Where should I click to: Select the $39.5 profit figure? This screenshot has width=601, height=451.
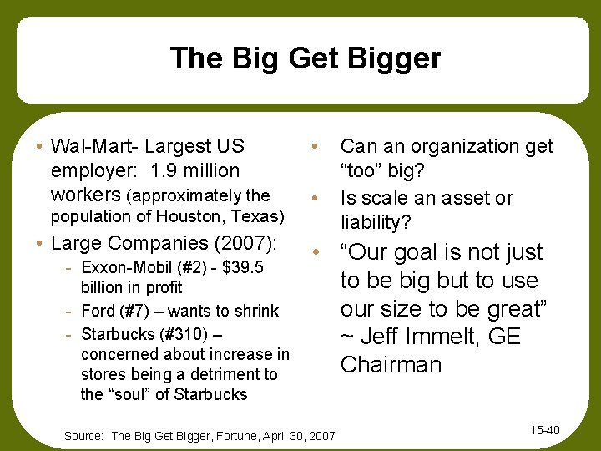tap(242, 267)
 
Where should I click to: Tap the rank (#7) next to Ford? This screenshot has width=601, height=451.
tap(136, 312)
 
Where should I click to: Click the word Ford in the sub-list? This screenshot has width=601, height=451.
tap(99, 312)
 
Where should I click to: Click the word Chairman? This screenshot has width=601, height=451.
tap(391, 366)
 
